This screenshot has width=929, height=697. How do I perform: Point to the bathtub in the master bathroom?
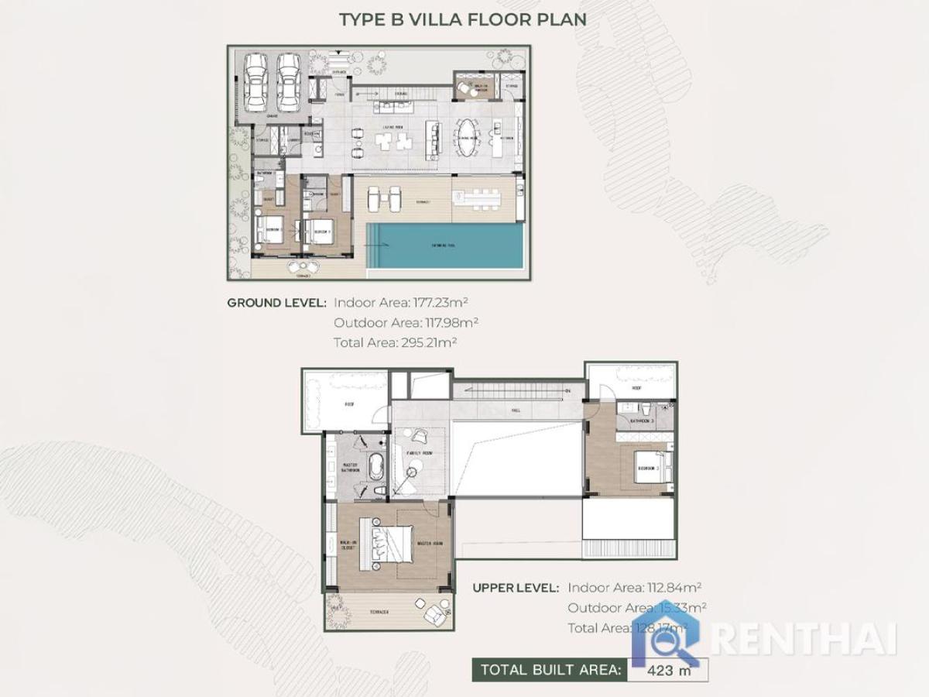tap(377, 467)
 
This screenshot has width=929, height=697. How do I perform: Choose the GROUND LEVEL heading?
tap(276, 303)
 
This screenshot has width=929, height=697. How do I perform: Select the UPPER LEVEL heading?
tap(516, 588)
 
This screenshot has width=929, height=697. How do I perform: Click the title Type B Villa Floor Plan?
tap(462, 19)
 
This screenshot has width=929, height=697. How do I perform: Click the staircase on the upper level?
tap(511, 390)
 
